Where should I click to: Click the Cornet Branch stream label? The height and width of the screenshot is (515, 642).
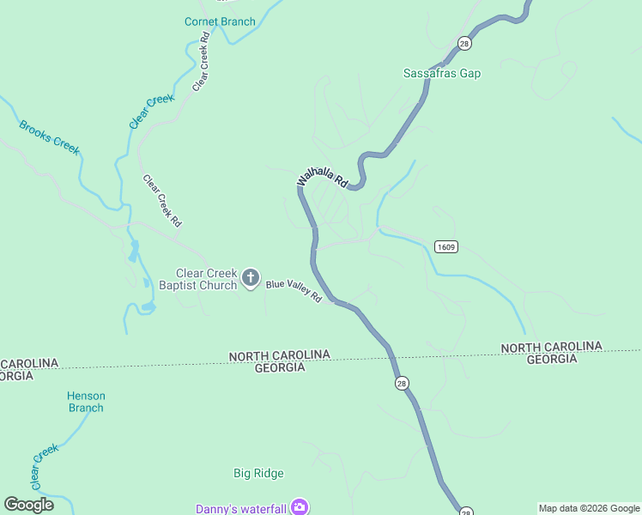(x=220, y=21)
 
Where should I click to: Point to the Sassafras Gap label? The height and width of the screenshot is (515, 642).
(x=442, y=74)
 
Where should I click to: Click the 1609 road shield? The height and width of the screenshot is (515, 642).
(x=445, y=247)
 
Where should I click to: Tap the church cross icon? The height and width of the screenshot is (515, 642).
(x=251, y=277)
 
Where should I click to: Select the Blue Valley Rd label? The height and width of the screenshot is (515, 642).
(x=293, y=291)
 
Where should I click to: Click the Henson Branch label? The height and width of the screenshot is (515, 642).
(x=86, y=402)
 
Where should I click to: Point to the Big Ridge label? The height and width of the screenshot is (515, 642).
(x=258, y=473)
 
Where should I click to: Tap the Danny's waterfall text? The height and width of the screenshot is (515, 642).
(x=241, y=508)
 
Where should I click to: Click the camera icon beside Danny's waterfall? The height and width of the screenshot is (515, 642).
(x=299, y=507)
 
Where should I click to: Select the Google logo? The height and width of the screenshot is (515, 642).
(x=28, y=505)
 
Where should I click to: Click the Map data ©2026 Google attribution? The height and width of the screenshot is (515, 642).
(x=589, y=508)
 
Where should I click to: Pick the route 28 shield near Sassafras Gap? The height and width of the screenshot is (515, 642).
(x=464, y=44)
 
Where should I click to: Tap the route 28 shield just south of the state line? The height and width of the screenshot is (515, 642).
(x=402, y=384)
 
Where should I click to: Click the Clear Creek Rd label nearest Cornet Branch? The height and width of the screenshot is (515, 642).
(x=202, y=62)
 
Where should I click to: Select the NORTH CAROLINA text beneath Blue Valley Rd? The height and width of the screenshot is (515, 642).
(x=280, y=355)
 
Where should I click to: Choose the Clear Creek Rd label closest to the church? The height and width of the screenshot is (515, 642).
(x=162, y=201)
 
